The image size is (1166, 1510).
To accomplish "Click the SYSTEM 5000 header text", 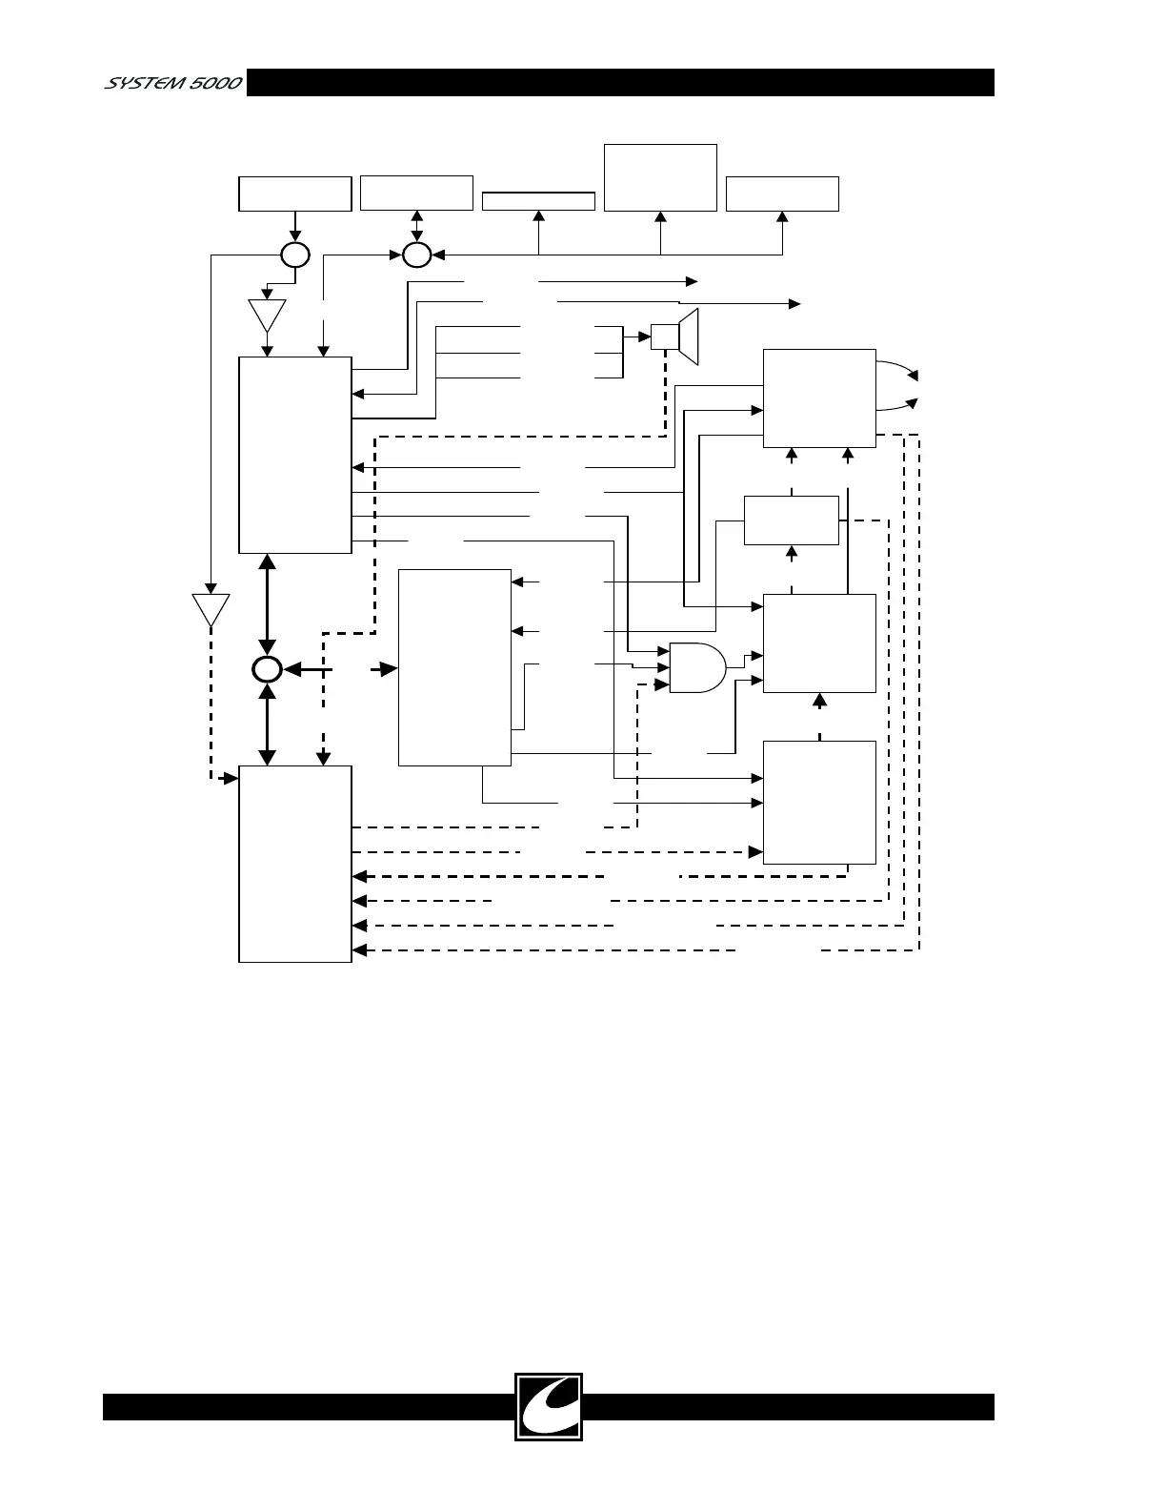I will (x=171, y=83).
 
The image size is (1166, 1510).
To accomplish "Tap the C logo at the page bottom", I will (x=548, y=1406).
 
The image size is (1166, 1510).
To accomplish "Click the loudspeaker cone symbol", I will (x=690, y=337).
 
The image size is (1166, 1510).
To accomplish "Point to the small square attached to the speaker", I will (x=664, y=337).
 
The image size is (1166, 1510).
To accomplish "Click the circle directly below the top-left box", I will (x=295, y=255).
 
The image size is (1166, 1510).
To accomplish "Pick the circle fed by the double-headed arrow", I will (x=416, y=255).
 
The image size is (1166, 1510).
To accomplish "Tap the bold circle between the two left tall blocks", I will (x=267, y=669).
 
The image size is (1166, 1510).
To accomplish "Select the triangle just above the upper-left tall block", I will (x=267, y=315).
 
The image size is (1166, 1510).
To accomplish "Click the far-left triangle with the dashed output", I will (x=211, y=609).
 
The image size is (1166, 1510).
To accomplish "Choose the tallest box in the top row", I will (x=660, y=177).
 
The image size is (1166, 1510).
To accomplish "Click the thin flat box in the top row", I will (x=538, y=201).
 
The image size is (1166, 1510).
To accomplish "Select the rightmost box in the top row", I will (x=782, y=194).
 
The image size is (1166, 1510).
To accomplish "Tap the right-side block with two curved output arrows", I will (x=819, y=398).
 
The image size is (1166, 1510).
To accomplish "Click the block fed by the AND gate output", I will (x=819, y=643).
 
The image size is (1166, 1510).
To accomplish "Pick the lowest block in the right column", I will (x=819, y=802).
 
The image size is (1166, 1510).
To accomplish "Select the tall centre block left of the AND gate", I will (x=454, y=667).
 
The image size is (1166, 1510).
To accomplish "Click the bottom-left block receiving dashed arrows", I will (x=295, y=864).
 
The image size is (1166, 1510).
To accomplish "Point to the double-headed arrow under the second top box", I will (x=416, y=227).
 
